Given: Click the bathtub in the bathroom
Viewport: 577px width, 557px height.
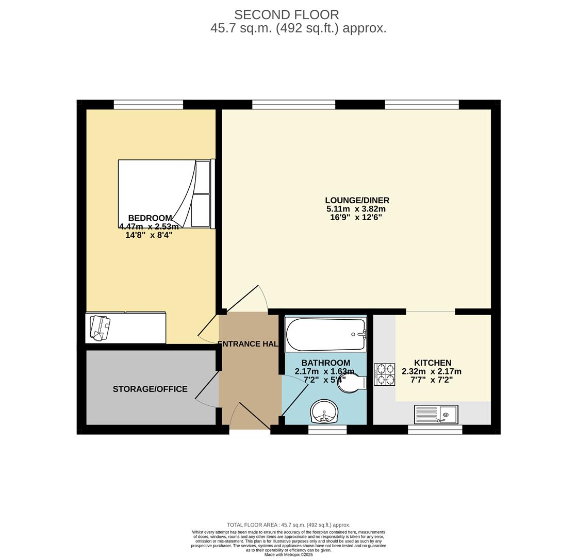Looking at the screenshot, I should [x=325, y=335].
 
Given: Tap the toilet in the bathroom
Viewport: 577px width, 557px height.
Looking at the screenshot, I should [x=352, y=383].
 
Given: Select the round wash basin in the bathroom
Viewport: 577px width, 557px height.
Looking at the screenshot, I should [x=324, y=412].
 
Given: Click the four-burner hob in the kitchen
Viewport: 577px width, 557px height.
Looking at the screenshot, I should [x=384, y=374].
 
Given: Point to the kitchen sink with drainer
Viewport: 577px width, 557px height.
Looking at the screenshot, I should [x=436, y=414].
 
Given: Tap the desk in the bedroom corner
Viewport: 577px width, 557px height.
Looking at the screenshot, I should [x=125, y=327].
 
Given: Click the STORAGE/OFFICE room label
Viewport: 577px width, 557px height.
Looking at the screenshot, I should [x=150, y=389].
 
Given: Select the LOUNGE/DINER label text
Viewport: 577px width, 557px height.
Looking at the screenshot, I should [x=357, y=200].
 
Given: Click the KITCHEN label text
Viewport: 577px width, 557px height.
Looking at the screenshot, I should [x=433, y=363].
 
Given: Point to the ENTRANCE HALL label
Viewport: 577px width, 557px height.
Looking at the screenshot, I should [x=248, y=344].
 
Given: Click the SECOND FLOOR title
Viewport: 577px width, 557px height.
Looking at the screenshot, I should [x=286, y=15].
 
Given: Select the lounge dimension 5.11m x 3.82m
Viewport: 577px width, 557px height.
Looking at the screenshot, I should [x=356, y=209].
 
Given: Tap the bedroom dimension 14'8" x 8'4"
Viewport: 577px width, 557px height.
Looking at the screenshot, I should [x=149, y=235].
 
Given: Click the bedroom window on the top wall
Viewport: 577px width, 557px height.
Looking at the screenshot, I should [x=148, y=105].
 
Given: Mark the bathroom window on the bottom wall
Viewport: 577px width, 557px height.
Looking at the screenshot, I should [x=327, y=430].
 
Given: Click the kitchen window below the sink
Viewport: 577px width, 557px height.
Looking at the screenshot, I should [x=435, y=430].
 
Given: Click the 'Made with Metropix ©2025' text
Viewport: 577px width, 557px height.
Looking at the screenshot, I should [x=288, y=554].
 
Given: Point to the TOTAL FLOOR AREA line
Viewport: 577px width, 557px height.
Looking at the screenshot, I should [x=288, y=525].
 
